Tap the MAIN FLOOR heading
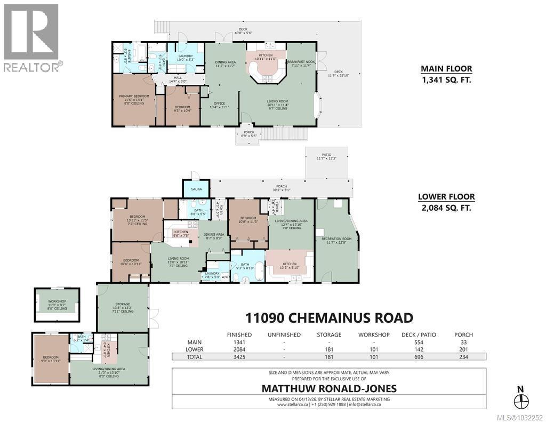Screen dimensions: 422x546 [x=446, y=68]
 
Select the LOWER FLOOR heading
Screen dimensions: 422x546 [x=446, y=196]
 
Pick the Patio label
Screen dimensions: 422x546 [x=326, y=155]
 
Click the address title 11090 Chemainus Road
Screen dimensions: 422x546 [x=328, y=318]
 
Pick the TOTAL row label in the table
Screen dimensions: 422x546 [x=194, y=357]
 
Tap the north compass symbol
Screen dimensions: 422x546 [x=520, y=401]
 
